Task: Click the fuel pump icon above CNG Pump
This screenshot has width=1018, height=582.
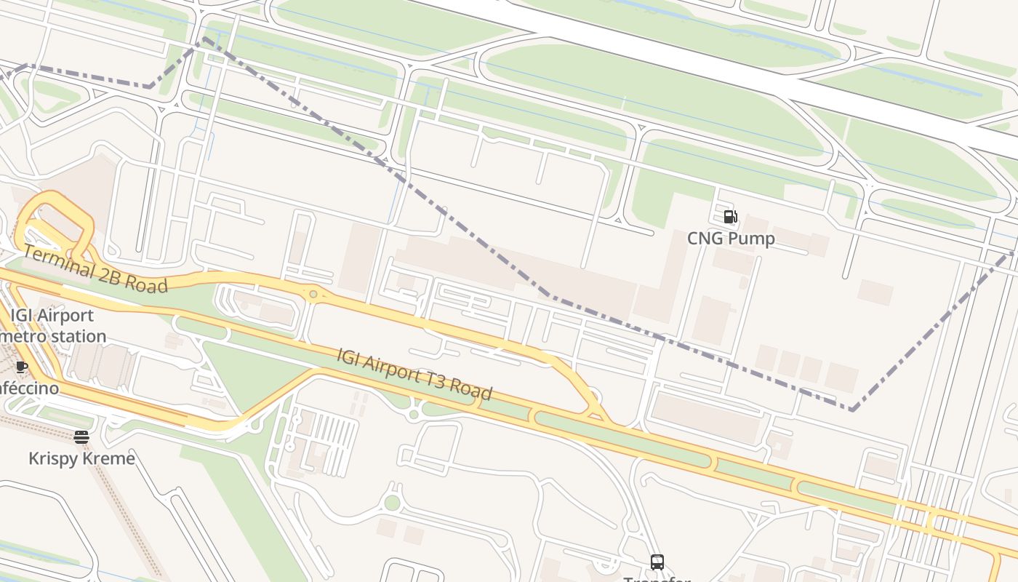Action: pyautogui.click(x=730, y=216)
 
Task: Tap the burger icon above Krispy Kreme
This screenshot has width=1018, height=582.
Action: pyautogui.click(x=81, y=436)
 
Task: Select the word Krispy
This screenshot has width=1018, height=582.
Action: pyautogui.click(x=52, y=458)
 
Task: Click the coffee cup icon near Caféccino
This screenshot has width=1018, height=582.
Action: pyautogui.click(x=21, y=366)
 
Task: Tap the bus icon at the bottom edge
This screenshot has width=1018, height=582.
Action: pyautogui.click(x=657, y=562)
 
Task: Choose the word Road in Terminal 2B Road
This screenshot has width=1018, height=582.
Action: pyautogui.click(x=145, y=284)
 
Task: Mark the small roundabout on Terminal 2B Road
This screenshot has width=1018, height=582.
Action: pyautogui.click(x=313, y=295)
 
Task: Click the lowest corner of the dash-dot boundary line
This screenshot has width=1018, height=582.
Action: pyautogui.click(x=851, y=409)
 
